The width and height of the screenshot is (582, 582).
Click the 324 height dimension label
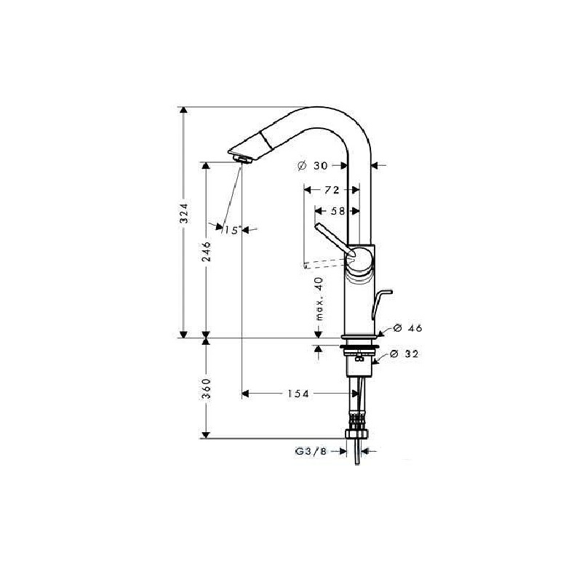pyautogui.click(x=184, y=212)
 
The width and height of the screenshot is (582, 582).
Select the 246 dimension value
pyautogui.click(x=206, y=251)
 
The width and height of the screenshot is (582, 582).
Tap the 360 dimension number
pyautogui.click(x=206, y=388)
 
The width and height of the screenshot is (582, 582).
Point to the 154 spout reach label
pyautogui.click(x=298, y=394)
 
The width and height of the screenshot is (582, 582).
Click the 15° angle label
pyautogui.click(x=233, y=230)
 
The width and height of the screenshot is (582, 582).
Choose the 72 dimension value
pyautogui.click(x=332, y=190)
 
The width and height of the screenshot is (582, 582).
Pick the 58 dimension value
pyautogui.click(x=338, y=211)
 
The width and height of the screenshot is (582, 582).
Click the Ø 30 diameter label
pyautogui.click(x=313, y=166)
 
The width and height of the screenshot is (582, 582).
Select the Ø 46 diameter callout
pyautogui.click(x=408, y=328)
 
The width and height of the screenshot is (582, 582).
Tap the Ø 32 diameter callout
pyautogui.click(x=404, y=354)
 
